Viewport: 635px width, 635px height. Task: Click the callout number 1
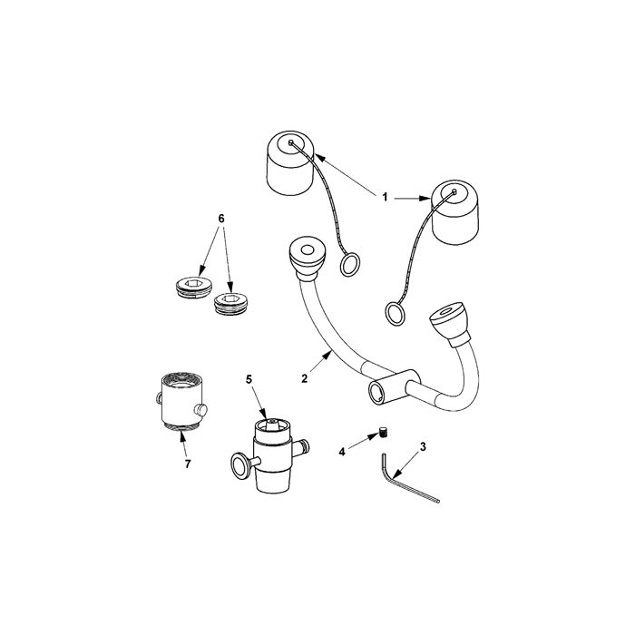(x=385, y=197)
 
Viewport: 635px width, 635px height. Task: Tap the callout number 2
(x=304, y=378)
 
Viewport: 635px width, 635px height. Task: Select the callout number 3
(x=423, y=446)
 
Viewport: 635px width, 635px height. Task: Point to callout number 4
(x=342, y=452)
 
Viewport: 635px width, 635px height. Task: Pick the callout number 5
(x=249, y=379)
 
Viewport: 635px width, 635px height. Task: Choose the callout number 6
(x=221, y=219)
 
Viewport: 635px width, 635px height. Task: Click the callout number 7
(x=187, y=464)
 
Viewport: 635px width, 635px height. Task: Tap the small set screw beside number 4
(x=383, y=432)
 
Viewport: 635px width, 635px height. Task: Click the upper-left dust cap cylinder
(x=290, y=163)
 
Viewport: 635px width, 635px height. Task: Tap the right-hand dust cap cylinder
(x=455, y=212)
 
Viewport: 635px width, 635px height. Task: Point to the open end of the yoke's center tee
(x=376, y=393)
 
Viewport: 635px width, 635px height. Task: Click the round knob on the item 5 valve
(x=239, y=465)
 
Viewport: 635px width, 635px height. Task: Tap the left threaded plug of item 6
(x=194, y=287)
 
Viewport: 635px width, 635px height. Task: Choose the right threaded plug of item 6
(x=230, y=304)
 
